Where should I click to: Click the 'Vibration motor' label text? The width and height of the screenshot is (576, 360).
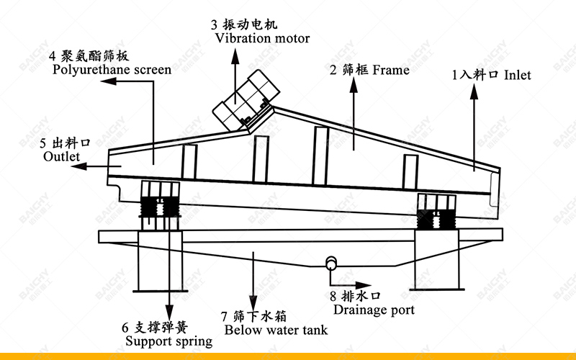point(262,38)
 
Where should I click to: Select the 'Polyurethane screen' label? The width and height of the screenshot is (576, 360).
point(112,70)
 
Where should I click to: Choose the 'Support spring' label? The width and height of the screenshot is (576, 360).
point(168,341)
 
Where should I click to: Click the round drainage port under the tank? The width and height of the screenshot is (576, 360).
point(332,263)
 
